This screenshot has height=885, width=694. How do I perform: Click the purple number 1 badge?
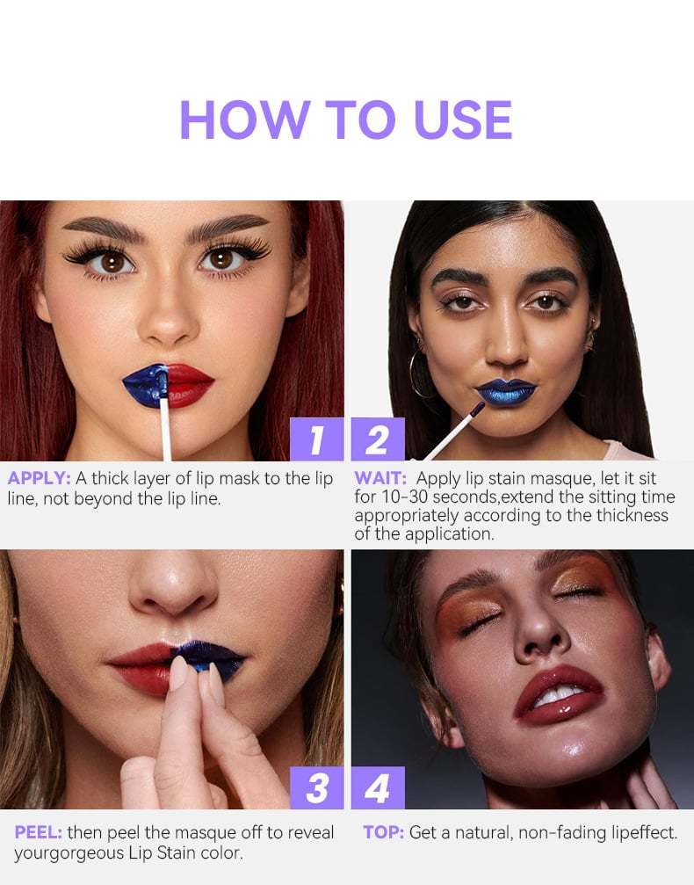[316, 439]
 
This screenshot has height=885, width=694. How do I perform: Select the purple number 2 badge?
[378, 439]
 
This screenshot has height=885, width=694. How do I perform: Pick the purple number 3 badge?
[316, 787]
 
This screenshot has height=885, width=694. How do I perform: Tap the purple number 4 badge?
[378, 787]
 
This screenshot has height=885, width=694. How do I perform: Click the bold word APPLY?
[40, 479]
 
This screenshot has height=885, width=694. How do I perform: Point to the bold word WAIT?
[380, 479]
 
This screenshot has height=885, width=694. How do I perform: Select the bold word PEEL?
[38, 831]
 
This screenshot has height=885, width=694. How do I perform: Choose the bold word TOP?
[383, 831]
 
